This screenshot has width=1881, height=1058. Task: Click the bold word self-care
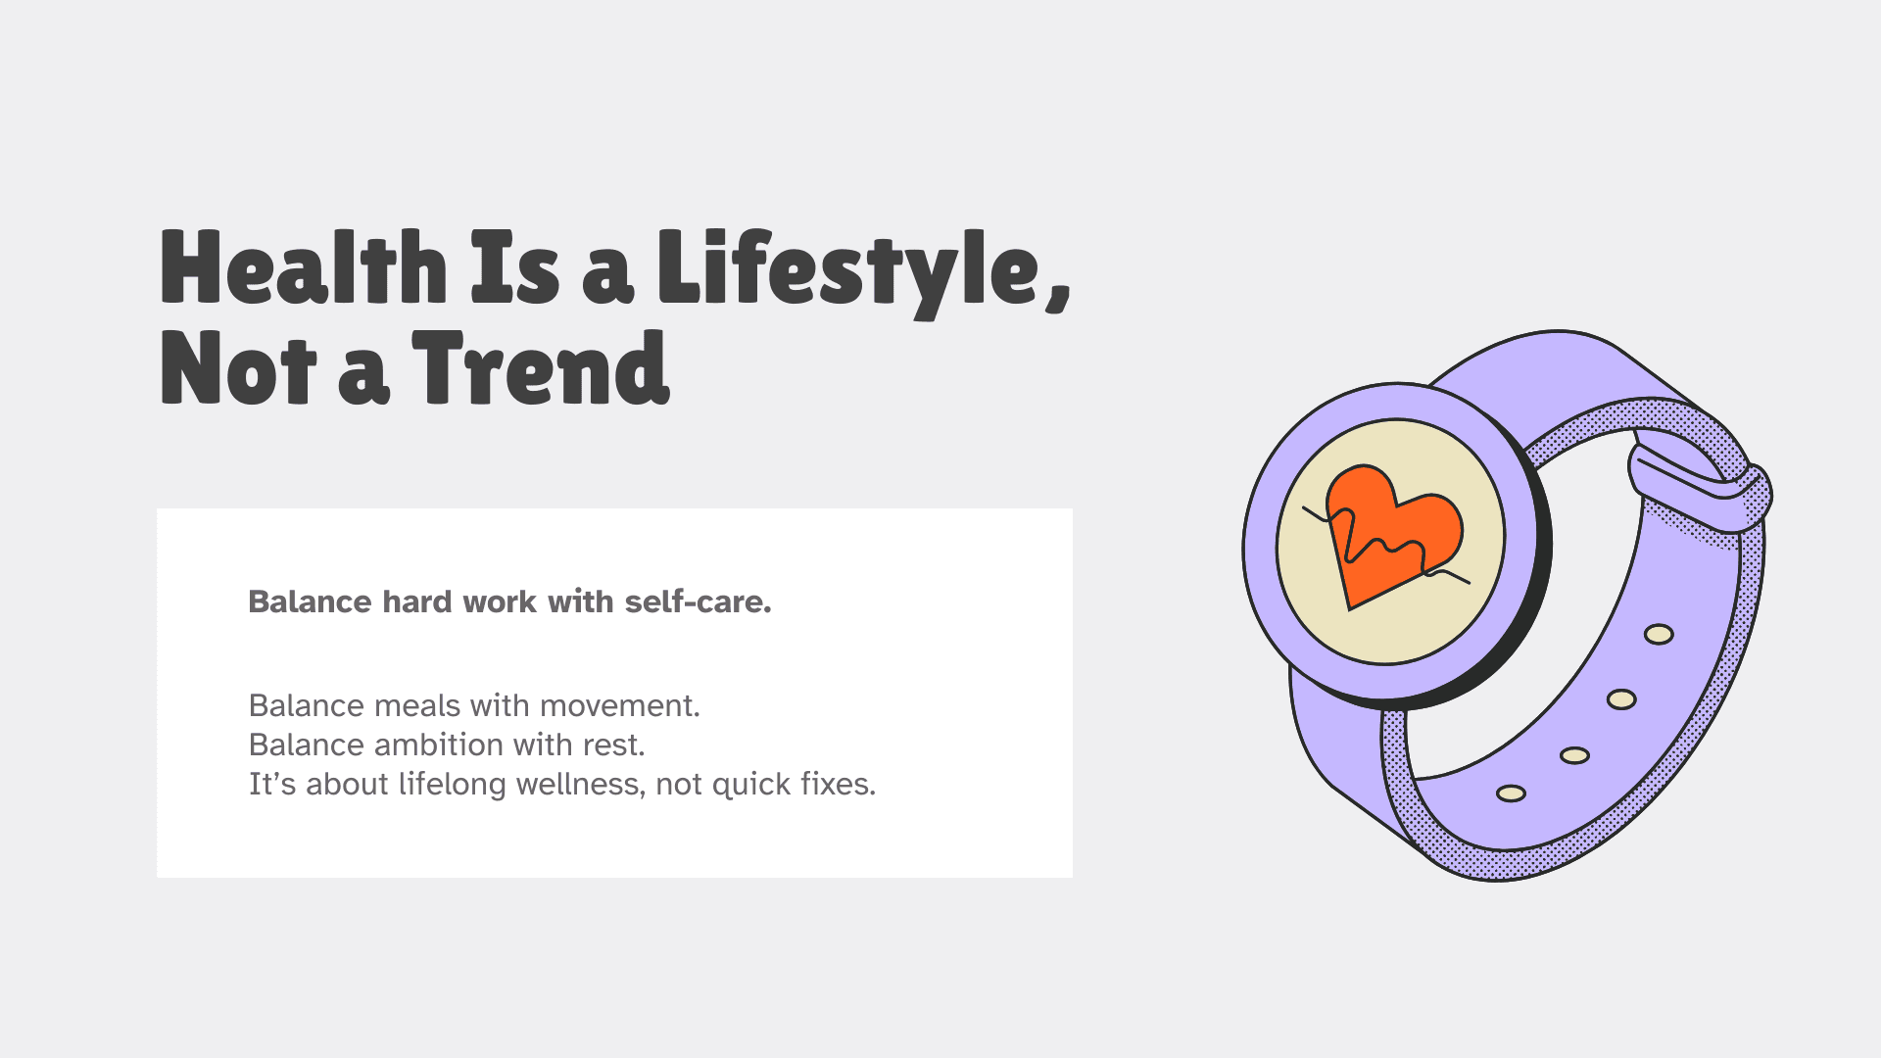pos(698,601)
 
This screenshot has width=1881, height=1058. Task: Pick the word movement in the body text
pos(619,705)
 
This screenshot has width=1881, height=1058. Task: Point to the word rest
pos(614,745)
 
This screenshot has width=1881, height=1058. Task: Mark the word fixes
pos(838,785)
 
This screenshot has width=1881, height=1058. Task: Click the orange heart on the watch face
pos(1392,534)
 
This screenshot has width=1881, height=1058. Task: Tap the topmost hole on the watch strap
pos(1659,635)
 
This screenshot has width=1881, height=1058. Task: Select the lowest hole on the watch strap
pos(1511,793)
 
